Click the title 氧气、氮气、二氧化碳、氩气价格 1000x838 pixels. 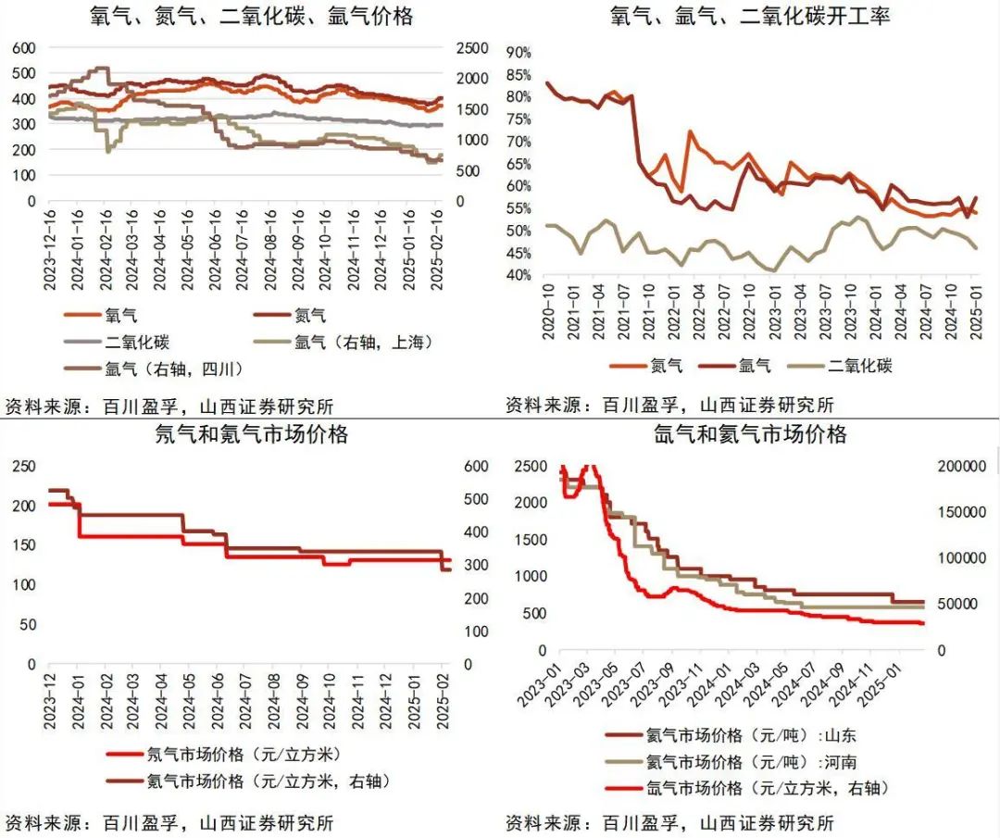click(252, 17)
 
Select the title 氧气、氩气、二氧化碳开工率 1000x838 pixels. click(750, 17)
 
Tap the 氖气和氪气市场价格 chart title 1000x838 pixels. click(252, 433)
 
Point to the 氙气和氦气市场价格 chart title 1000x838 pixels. click(750, 433)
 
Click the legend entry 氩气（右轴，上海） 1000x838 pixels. click(364, 342)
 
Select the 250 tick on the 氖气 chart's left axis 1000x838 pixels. click(24, 467)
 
